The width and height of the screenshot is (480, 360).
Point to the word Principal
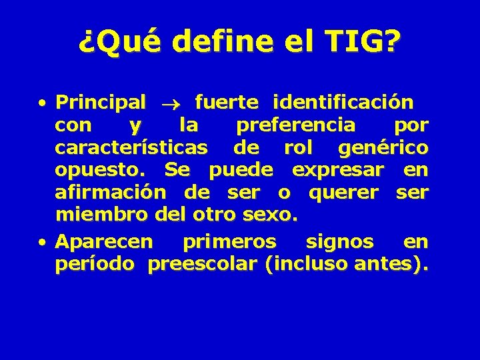[101, 103]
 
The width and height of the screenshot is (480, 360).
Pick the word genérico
[383, 147]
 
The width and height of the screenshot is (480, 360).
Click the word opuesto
[104, 171]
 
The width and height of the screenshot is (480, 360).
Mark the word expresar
[338, 171]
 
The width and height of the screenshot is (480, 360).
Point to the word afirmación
[111, 193]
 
